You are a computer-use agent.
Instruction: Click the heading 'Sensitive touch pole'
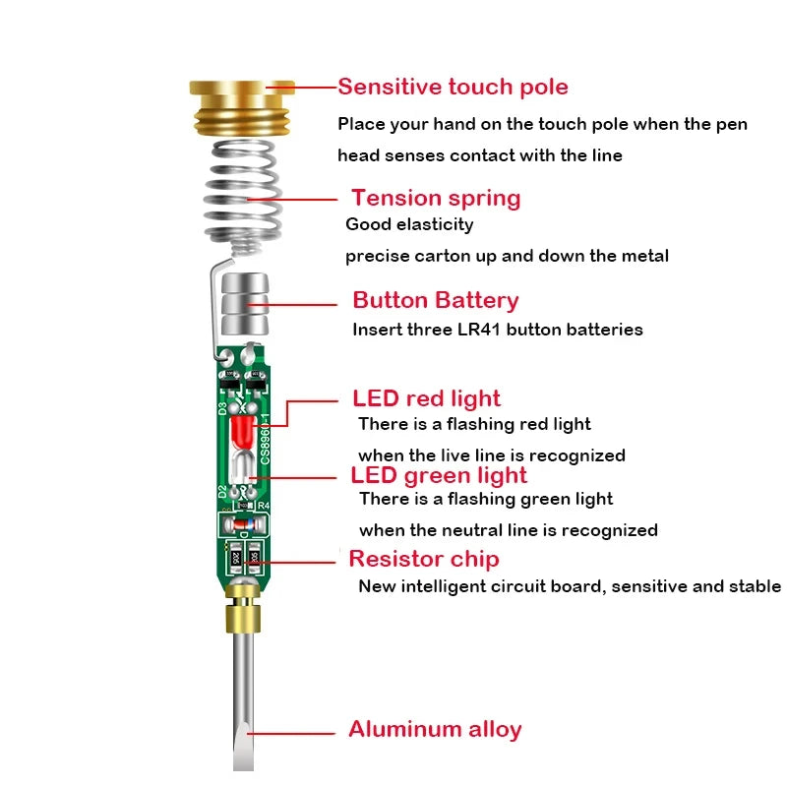coord(453,87)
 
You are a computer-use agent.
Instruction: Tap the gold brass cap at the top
coord(242,106)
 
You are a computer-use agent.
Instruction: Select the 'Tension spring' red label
coord(436,198)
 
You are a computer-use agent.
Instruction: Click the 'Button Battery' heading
coord(435,300)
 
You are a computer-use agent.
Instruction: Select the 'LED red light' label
coord(426,398)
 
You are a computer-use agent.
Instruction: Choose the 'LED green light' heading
coord(439,475)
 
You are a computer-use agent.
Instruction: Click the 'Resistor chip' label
coord(424,559)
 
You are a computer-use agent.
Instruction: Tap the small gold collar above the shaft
coord(242,619)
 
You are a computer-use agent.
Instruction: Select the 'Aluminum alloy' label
coord(435,729)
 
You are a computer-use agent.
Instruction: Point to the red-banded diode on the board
coord(243,524)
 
